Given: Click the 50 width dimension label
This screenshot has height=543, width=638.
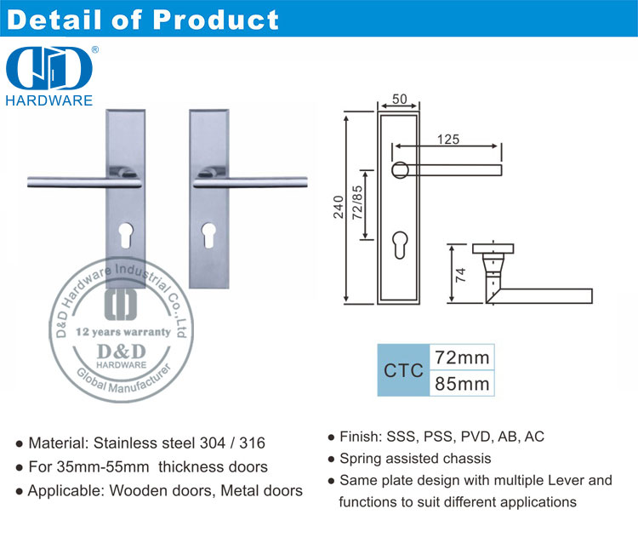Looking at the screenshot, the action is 399,99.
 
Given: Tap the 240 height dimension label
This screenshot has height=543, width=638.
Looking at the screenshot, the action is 339,207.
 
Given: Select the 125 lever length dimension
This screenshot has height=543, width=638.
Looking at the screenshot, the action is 448,140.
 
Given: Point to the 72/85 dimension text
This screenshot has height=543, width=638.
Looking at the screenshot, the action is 356,203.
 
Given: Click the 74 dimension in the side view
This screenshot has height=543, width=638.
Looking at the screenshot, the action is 460,275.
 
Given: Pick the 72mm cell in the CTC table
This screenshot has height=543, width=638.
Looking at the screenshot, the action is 462,357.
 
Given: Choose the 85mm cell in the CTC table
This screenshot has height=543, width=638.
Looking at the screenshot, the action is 462,384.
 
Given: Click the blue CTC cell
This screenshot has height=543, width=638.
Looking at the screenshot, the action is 403,370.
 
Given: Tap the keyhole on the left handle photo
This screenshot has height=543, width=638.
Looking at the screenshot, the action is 127,235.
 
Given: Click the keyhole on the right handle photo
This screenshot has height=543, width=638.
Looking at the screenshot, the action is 208,235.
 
